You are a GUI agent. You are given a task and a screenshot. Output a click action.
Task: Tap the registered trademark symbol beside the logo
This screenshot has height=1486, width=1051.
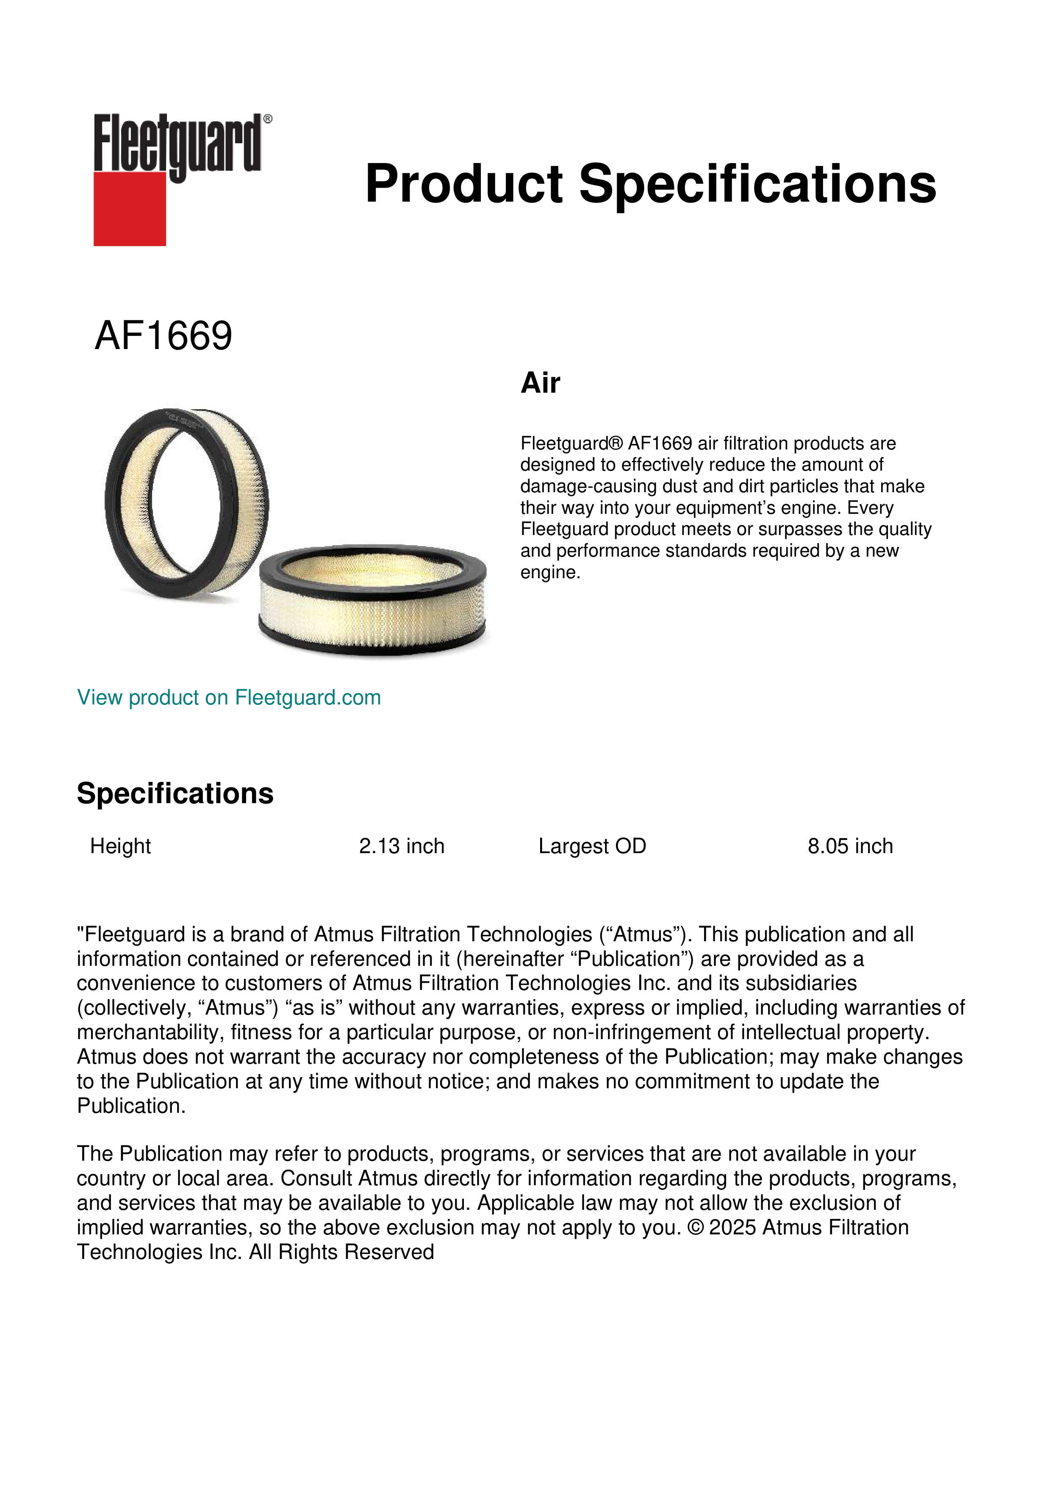tap(268, 119)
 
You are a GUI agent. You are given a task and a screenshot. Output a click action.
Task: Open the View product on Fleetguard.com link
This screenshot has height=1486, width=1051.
tap(228, 698)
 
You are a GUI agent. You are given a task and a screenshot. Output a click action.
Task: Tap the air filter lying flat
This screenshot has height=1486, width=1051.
tap(372, 599)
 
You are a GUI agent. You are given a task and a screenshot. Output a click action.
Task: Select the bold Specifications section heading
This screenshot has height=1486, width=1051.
tap(175, 793)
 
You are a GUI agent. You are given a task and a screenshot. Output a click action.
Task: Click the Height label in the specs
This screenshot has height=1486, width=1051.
tap(120, 846)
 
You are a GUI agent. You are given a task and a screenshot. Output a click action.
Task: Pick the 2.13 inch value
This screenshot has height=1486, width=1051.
tap(401, 846)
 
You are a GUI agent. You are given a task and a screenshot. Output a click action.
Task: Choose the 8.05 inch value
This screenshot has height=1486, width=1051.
tap(850, 846)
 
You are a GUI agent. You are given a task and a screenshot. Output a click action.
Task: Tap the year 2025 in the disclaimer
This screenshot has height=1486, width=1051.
tap(732, 1228)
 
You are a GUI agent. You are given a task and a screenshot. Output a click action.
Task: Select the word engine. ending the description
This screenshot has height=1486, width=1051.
tap(550, 573)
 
